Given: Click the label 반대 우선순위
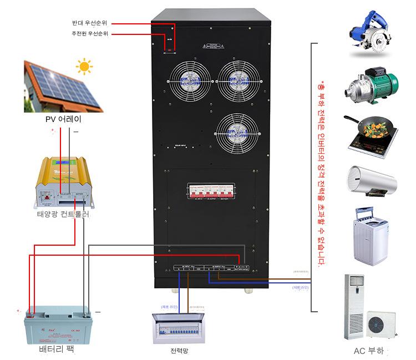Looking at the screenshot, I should (89, 23).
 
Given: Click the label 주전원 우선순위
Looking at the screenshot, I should (89, 34).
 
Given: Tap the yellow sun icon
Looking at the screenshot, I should (84, 67).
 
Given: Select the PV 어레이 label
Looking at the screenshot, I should (63, 118).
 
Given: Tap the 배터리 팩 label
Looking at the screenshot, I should (56, 349).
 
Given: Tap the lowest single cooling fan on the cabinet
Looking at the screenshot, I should (239, 133).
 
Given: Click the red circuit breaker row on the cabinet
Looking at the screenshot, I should (210, 191).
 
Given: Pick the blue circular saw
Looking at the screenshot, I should (369, 37).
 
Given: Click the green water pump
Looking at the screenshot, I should (370, 87).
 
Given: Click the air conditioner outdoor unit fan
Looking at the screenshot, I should (383, 324).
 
